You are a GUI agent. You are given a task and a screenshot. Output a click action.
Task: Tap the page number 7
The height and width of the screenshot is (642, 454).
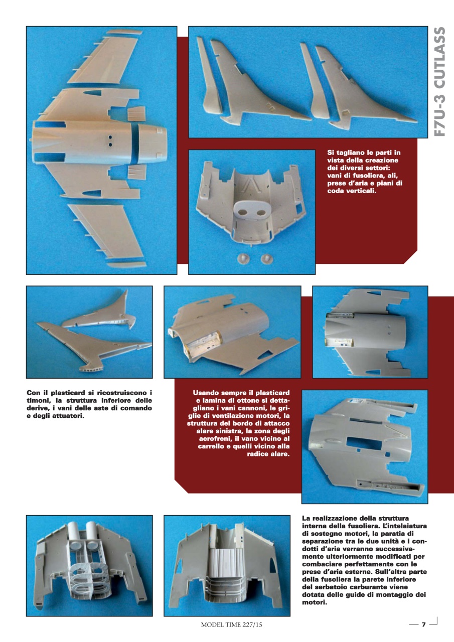pos(423,624)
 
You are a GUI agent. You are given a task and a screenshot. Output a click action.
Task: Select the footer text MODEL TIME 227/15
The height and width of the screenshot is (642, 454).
pos(231,625)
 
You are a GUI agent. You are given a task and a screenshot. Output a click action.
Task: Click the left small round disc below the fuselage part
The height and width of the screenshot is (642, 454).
pos(243,258)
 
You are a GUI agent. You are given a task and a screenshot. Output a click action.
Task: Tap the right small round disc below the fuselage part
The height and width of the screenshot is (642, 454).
pos(267,258)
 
